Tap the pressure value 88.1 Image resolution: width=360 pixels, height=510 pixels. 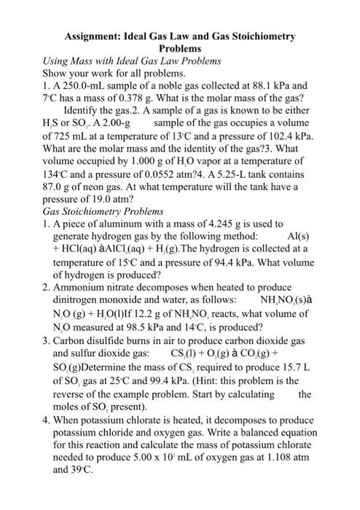point(266,85)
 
